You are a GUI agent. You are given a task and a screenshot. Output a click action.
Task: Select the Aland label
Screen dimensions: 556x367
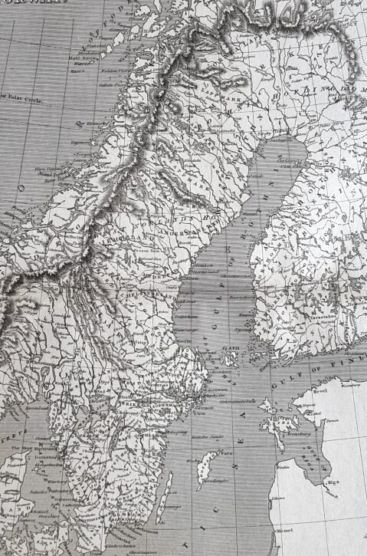tap(231, 347)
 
